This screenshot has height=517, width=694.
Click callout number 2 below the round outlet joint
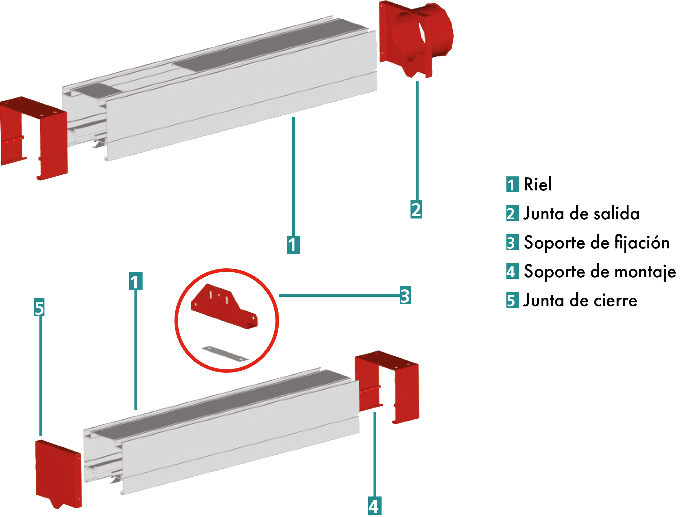point(416,209)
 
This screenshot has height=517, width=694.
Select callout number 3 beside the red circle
point(405,295)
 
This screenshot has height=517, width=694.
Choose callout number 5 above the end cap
point(39,307)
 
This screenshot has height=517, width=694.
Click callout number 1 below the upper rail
point(293,245)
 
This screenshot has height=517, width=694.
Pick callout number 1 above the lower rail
point(136,281)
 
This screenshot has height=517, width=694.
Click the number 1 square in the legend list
point(512,184)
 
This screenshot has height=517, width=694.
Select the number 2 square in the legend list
point(512,213)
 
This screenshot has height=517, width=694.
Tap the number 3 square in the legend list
point(512,242)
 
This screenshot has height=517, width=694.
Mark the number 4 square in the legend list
point(512,271)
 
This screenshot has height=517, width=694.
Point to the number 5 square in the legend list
point(512,300)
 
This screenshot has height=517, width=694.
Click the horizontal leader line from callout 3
point(338,295)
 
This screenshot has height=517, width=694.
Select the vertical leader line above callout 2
point(417,141)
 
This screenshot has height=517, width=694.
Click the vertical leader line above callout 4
point(374,454)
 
